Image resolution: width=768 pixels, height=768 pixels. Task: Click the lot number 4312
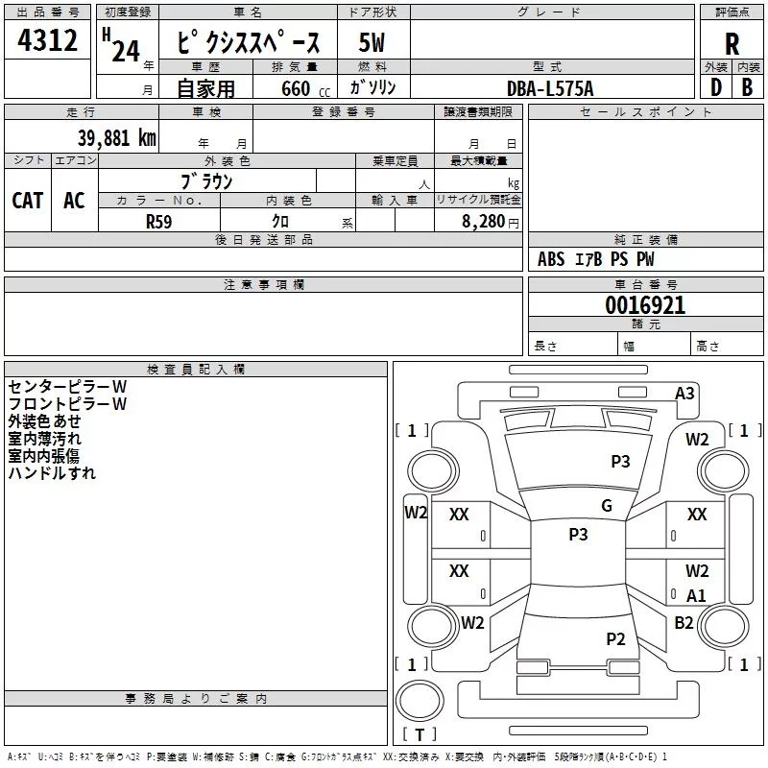tap(47, 40)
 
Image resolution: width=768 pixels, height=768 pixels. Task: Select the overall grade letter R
tap(732, 44)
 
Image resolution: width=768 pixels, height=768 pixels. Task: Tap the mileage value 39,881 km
tap(116, 138)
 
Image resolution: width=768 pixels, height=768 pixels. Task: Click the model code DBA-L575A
tap(550, 88)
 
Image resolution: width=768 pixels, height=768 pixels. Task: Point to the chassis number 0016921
tap(645, 305)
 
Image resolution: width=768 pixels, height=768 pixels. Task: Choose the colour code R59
tap(158, 222)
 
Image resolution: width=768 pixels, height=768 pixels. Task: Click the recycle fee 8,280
tap(483, 222)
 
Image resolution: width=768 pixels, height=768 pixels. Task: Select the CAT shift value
tap(28, 201)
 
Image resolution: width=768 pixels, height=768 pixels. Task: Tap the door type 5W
tap(372, 42)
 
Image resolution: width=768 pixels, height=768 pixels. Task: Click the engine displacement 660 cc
tap(305, 88)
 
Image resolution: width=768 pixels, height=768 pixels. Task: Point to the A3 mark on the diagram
tap(684, 394)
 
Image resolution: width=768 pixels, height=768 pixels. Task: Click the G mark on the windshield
tap(607, 505)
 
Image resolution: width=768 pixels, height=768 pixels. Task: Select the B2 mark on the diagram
tap(684, 622)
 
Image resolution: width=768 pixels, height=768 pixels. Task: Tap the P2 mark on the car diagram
tap(615, 638)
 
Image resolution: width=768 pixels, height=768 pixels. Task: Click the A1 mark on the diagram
tap(696, 595)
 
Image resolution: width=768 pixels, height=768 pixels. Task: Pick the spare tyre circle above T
tap(420, 701)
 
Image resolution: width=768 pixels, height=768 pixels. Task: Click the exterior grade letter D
tap(716, 87)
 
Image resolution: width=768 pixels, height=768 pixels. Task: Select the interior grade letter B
tap(747, 87)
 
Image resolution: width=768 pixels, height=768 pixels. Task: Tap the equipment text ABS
tap(551, 259)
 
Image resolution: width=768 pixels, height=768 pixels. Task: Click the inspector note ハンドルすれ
tap(52, 473)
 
